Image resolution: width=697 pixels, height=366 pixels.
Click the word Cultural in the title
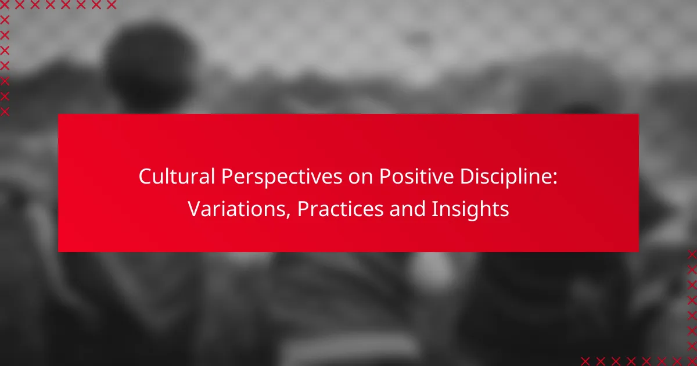[177, 177]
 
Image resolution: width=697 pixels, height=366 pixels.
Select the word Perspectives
[282, 178]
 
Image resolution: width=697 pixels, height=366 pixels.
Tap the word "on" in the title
[360, 178]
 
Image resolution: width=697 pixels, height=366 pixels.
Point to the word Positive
[416, 177]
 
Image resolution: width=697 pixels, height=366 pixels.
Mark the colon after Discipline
[554, 179]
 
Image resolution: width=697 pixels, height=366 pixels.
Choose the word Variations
[236, 209]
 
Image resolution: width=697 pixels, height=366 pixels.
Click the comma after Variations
[288, 216]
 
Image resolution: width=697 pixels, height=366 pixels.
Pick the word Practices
[340, 209]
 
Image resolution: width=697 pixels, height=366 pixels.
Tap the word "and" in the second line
[407, 209]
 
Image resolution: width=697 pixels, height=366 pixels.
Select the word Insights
[470, 210]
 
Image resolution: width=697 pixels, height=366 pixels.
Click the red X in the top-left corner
[5, 5]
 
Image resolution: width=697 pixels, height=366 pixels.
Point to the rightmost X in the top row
[111, 5]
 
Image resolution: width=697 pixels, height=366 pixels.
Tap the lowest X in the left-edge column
[5, 112]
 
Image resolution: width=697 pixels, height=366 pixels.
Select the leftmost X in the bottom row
[585, 361]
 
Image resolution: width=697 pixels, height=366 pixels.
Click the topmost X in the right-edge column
[692, 254]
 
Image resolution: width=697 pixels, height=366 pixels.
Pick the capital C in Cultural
[145, 177]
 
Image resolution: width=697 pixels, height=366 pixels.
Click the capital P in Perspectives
[228, 177]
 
